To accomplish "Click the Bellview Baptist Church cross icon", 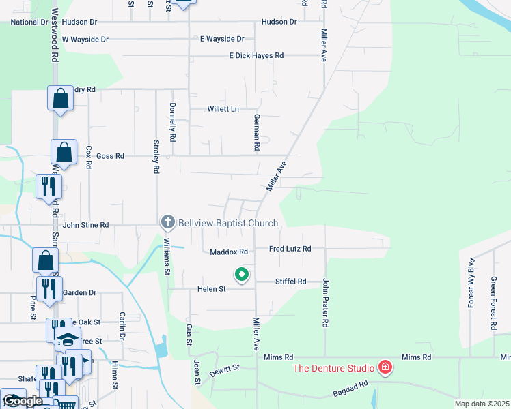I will pos(168,222).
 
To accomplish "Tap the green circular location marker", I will pos(241,275).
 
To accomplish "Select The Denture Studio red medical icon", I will pos(385,368).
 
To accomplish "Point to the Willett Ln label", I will pos(223,109).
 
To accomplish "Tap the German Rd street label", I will pos(257,132).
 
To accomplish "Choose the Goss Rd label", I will pos(110,156).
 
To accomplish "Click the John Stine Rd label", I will pos(85,224).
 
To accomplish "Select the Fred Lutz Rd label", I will pos(290,249).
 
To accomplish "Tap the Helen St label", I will pos(212,289).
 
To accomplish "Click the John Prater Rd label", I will pos(327,302).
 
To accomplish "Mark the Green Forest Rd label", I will pos(493,303).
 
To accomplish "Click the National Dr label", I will pos(29,22).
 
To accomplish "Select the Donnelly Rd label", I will pos(173,122).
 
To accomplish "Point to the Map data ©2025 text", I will pos(482,404).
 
